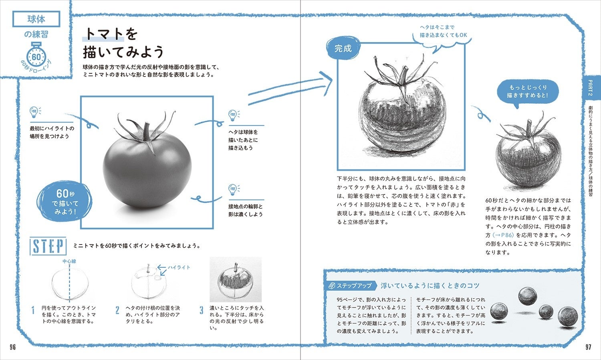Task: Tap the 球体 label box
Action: (x=36, y=19)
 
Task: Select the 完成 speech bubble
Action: (x=343, y=49)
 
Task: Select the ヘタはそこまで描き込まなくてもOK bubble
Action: (x=443, y=31)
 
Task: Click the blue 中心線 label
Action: (x=69, y=261)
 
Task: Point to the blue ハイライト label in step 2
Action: (x=179, y=267)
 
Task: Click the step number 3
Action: (x=202, y=311)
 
